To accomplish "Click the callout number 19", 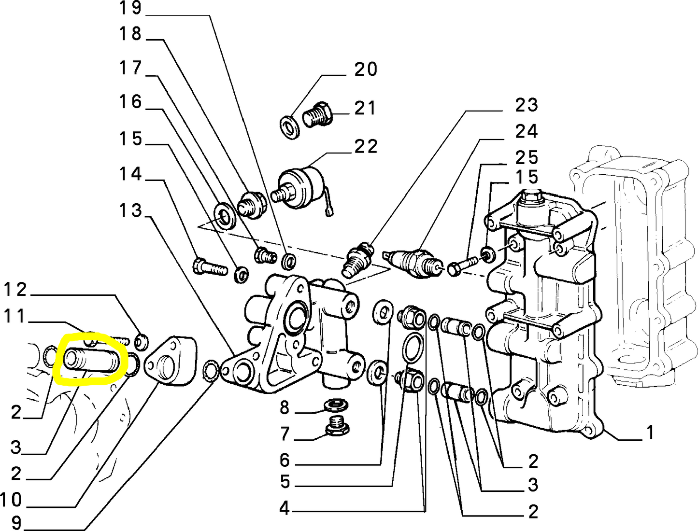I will (x=130, y=8).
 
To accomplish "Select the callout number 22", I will (x=366, y=146).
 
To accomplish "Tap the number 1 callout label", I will (x=650, y=433).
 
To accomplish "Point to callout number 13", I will (x=130, y=210).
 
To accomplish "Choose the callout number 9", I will (x=16, y=522).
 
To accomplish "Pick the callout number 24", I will (x=526, y=131).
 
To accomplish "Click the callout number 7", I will (x=285, y=434).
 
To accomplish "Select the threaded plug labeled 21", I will (x=317, y=115).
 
